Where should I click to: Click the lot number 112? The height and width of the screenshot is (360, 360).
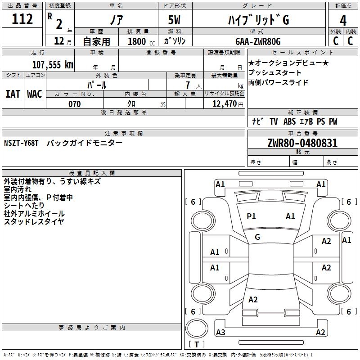coord(22,19)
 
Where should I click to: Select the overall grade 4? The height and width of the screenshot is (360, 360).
coord(343,21)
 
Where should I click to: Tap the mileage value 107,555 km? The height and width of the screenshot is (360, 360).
coord(53,64)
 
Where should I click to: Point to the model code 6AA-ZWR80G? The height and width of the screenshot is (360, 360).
coord(258,41)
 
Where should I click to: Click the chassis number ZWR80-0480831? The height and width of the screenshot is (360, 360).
coord(302,143)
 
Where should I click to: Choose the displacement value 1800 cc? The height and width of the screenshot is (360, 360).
coord(141,41)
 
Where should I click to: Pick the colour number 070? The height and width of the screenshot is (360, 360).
coord(75,104)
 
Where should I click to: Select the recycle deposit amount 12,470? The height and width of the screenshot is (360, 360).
coord(225,104)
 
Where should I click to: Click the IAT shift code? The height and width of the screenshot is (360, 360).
coord(13,94)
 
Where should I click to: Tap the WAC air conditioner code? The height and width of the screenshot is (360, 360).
coord(35,94)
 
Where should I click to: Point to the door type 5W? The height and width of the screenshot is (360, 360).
coord(174,20)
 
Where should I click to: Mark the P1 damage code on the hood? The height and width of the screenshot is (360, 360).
coord(251,216)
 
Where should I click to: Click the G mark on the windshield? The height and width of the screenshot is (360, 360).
coord(257,237)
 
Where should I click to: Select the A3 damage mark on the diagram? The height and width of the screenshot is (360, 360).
coord(220,332)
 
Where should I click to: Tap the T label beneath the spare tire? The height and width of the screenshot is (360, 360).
coord(197,344)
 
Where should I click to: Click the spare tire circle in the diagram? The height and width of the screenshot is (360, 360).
coord(197,328)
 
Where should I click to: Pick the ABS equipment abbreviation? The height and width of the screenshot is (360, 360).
coord(289,121)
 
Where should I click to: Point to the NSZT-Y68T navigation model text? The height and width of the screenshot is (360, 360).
coord(21,143)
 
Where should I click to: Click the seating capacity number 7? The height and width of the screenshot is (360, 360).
coord(188,85)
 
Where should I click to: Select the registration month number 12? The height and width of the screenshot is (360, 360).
coord(59,41)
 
